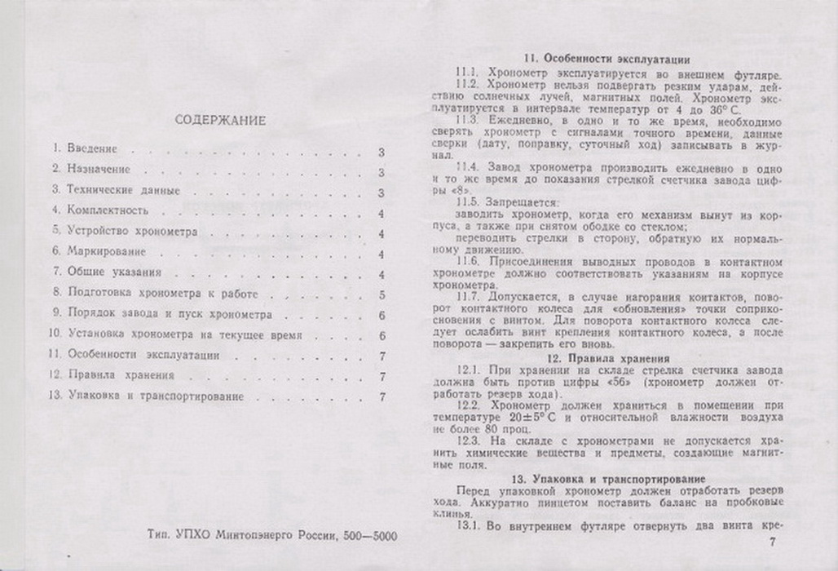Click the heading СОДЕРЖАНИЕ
coord(221,121)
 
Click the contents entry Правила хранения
coord(118,375)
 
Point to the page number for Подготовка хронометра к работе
coord(382,294)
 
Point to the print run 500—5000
coord(373,536)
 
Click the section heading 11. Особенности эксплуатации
coord(607,59)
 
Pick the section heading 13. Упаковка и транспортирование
coord(606,477)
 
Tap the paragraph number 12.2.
coord(470,405)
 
